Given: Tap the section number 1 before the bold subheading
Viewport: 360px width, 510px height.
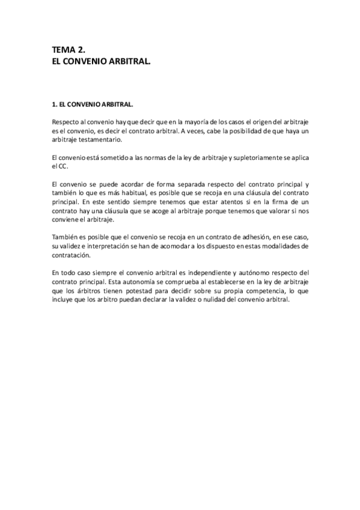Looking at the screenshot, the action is point(54,104).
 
